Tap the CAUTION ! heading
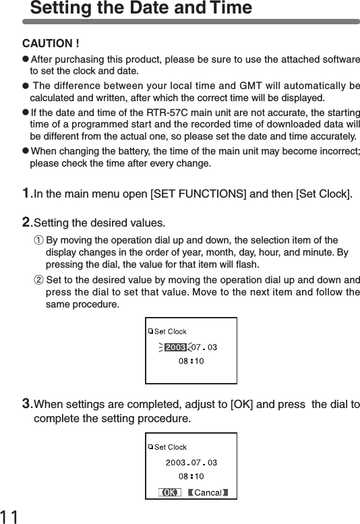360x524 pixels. pos(52,45)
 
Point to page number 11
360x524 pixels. pos(10,516)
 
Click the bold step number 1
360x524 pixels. pos(27,194)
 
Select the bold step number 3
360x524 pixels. pos(27,404)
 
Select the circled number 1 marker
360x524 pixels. pos(38,241)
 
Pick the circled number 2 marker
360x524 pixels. pos(38,280)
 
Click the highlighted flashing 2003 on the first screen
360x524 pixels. pos(175,347)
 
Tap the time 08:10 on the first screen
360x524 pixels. pos(191,361)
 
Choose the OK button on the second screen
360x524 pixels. pos(170,492)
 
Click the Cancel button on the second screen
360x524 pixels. pos(208,492)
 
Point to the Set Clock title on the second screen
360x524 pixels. pos(171,447)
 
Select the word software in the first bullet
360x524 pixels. pos(338,59)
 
